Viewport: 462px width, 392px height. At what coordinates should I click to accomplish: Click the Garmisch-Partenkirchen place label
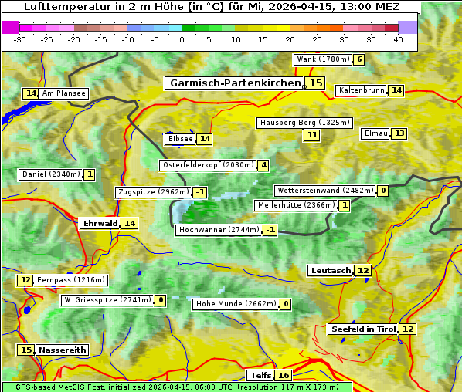(234, 83)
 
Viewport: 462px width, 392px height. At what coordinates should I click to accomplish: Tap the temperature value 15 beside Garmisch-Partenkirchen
(315, 83)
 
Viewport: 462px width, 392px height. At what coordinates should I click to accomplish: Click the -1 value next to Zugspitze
(200, 192)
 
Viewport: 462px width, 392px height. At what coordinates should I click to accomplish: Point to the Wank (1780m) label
(323, 59)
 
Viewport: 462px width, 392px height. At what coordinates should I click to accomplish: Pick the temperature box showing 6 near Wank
(359, 59)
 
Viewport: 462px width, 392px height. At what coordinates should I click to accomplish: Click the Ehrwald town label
(100, 223)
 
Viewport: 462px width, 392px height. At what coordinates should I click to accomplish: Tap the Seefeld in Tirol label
(362, 329)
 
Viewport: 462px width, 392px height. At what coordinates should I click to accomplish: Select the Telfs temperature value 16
(284, 375)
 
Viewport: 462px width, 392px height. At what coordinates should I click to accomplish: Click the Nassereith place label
(63, 350)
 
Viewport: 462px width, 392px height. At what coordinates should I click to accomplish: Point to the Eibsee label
(179, 139)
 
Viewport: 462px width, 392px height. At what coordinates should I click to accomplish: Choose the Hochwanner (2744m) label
(218, 230)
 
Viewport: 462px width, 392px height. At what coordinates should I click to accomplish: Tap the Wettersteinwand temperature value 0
(383, 191)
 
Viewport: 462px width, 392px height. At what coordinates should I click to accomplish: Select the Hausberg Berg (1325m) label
(304, 123)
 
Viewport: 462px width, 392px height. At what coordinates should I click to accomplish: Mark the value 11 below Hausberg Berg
(311, 135)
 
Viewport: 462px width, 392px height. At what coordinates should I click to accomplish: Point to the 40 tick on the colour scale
(398, 39)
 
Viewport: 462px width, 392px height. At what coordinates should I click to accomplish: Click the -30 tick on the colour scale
(20, 39)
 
